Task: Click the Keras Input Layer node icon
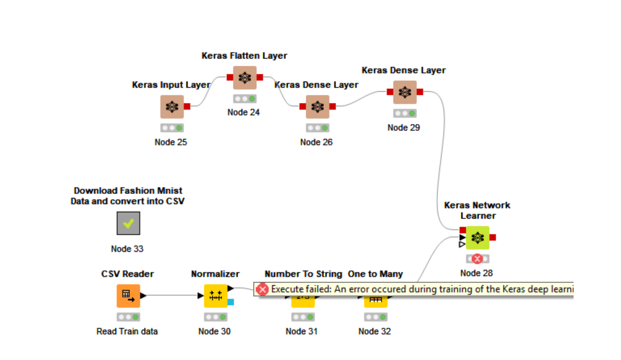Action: (172, 107)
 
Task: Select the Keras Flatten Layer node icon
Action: (245, 78)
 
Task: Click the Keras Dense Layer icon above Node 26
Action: (318, 107)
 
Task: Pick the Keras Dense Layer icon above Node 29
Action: (404, 92)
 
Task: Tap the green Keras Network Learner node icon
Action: (477, 238)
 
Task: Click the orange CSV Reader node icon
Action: (128, 296)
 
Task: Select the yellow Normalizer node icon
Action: (215, 296)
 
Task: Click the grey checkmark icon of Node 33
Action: (128, 223)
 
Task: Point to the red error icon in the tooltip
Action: (263, 289)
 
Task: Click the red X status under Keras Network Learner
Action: (477, 259)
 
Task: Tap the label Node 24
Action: (244, 113)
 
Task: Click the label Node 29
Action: (404, 128)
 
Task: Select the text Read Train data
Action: (127, 331)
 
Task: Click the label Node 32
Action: (375, 331)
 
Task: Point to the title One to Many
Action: (375, 274)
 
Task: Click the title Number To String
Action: (303, 274)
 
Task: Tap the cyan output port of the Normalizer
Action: (231, 302)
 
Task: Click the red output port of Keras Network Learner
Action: (493, 238)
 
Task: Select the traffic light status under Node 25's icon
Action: (172, 128)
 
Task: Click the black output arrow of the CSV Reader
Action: (143, 295)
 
